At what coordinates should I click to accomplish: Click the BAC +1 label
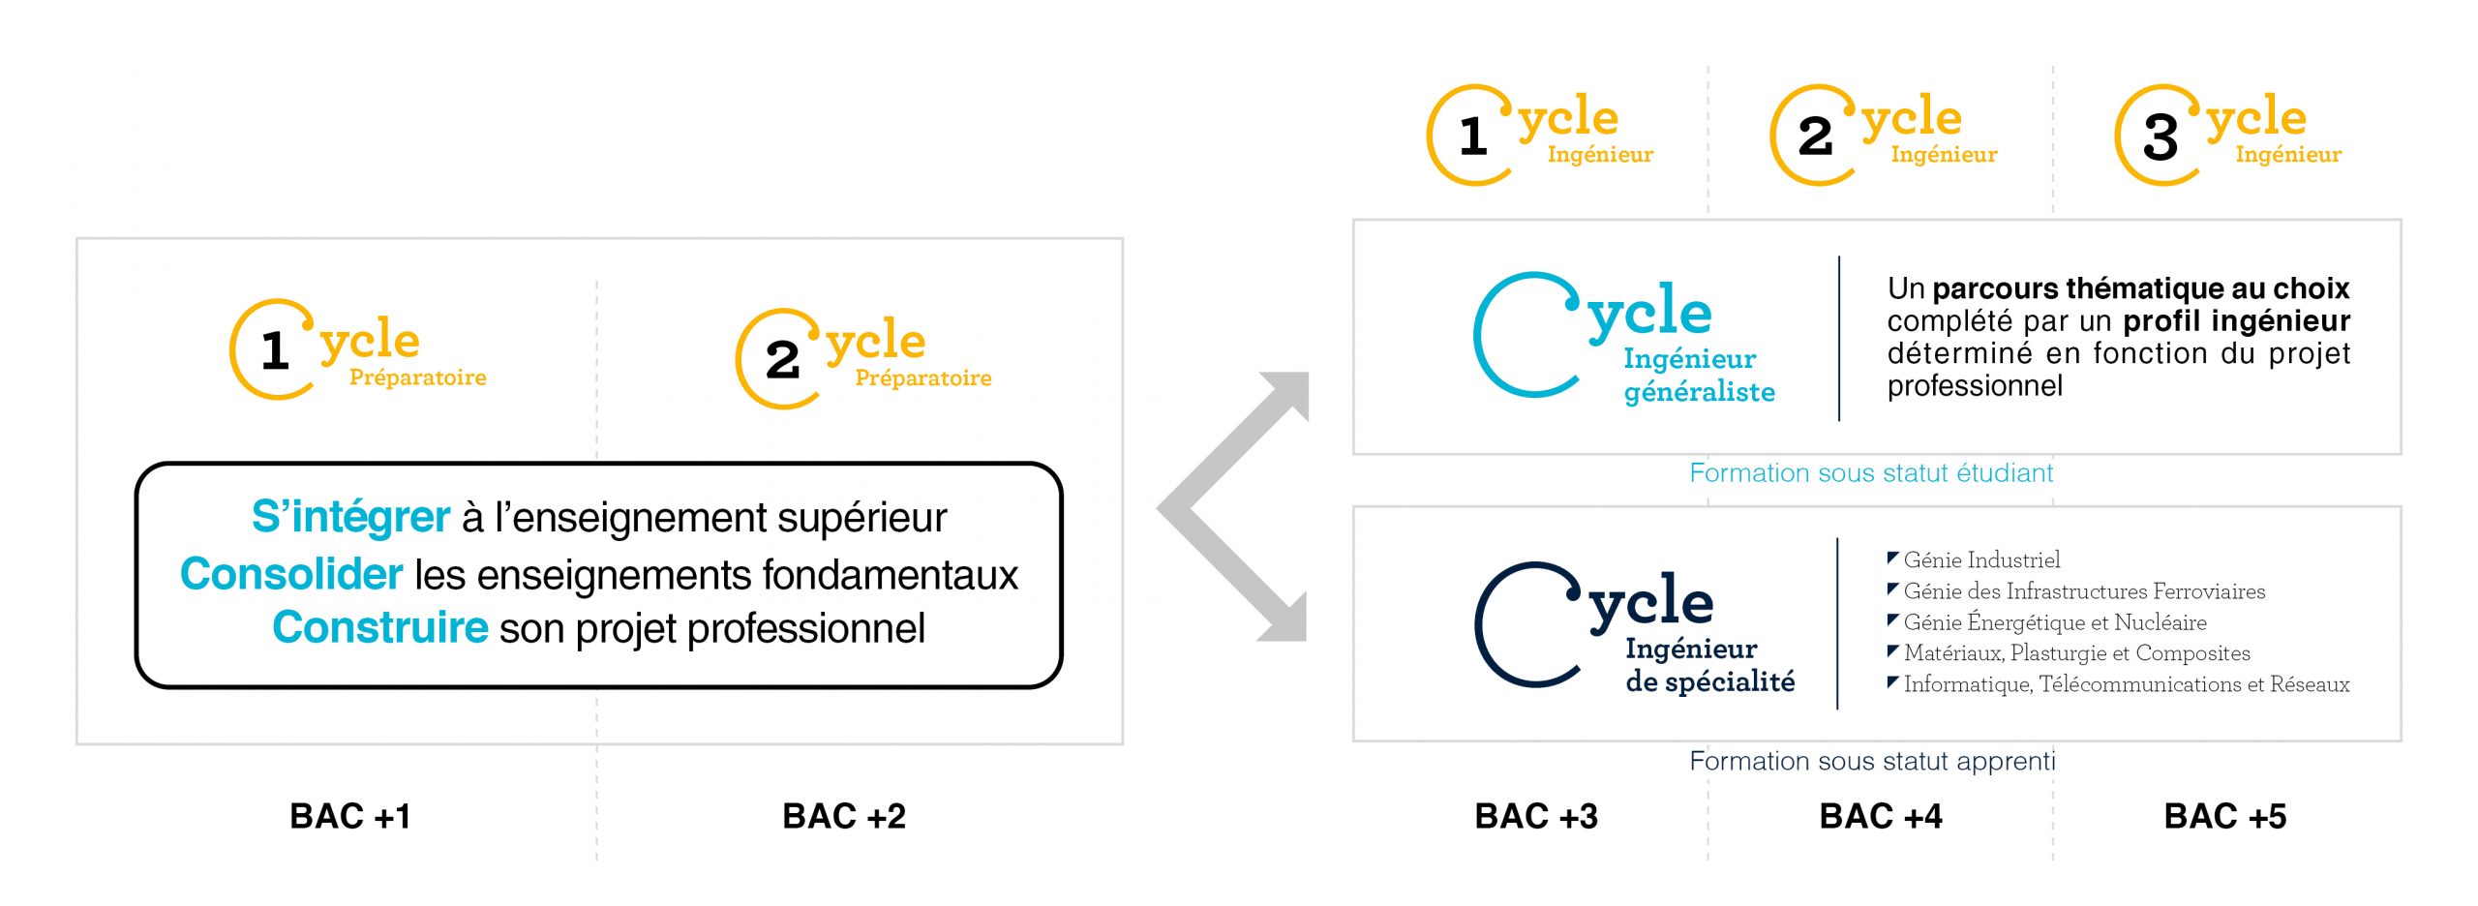click(x=350, y=816)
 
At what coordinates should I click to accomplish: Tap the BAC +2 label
click(x=843, y=816)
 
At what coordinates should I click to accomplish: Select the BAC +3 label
click(x=1535, y=816)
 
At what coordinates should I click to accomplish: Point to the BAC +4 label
click(x=1880, y=816)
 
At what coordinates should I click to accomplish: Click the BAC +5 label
click(x=2224, y=816)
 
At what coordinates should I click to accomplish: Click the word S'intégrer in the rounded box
click(x=350, y=517)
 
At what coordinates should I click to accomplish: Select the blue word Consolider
click(x=291, y=574)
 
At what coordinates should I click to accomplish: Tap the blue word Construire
click(x=379, y=627)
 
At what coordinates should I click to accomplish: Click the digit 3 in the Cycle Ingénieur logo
click(x=2161, y=137)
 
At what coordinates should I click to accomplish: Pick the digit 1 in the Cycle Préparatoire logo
click(x=275, y=350)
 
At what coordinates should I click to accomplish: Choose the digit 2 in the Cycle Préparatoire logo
click(x=782, y=360)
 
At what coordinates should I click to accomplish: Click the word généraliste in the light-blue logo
click(x=1699, y=392)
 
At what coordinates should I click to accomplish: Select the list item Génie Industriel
click(x=1980, y=559)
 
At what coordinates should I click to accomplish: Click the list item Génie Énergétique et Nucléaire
click(x=2054, y=621)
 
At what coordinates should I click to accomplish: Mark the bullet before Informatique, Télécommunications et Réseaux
click(x=1892, y=682)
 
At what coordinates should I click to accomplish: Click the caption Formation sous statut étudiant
click(x=1870, y=472)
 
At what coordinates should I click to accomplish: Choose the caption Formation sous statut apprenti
click(x=1871, y=761)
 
